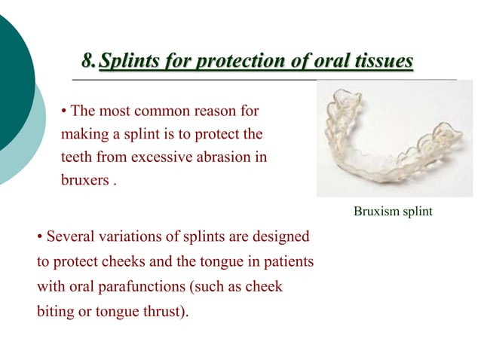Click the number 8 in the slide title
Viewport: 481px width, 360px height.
pos(87,60)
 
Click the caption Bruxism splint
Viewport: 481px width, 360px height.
pos(393,212)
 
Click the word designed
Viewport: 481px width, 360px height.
pos(283,237)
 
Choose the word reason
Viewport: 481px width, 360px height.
pos(216,111)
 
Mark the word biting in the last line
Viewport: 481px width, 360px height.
pos(55,312)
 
